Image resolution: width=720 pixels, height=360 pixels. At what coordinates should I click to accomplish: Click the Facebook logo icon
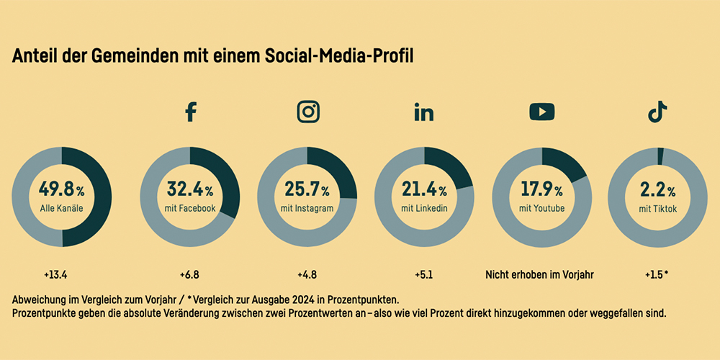pyautogui.click(x=190, y=112)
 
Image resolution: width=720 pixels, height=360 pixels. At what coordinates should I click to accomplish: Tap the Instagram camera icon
pyautogui.click(x=308, y=112)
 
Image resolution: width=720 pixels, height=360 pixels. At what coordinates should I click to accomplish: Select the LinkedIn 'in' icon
pyautogui.click(x=424, y=112)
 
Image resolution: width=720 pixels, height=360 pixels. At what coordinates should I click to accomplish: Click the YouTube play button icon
pyautogui.click(x=541, y=112)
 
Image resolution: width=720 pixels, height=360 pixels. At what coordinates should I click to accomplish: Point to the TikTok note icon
pyautogui.click(x=657, y=112)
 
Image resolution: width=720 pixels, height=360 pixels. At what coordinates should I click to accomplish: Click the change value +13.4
pyautogui.click(x=60, y=274)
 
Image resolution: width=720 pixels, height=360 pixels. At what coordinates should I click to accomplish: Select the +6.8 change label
pyautogui.click(x=189, y=274)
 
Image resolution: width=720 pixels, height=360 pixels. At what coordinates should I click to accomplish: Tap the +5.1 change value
pyautogui.click(x=424, y=274)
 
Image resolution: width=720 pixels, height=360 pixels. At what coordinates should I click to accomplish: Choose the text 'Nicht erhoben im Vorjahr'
pyautogui.click(x=541, y=274)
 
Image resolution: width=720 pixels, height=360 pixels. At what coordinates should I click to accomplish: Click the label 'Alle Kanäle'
pyautogui.click(x=61, y=209)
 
